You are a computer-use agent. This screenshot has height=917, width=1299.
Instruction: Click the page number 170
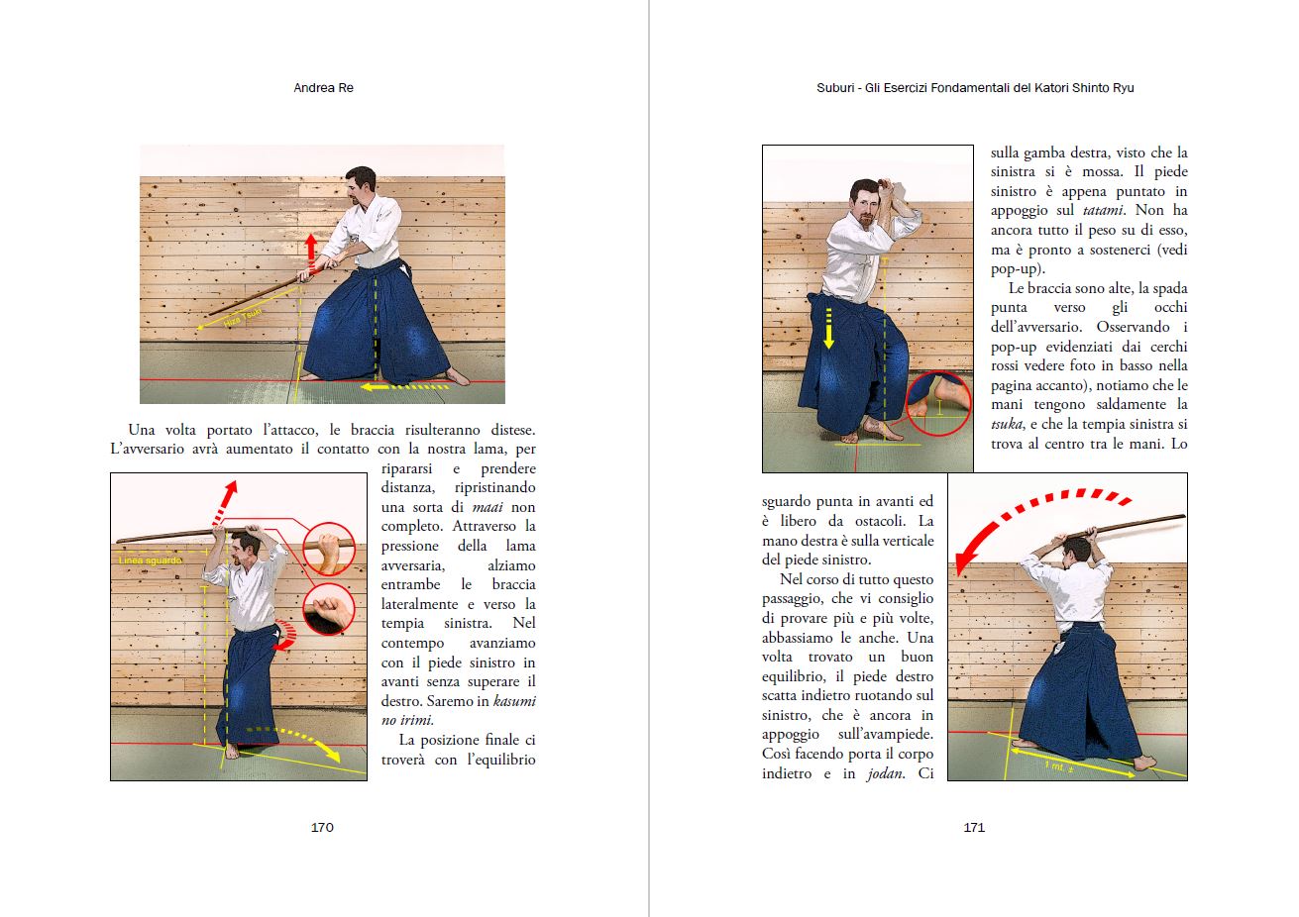[x=322, y=827]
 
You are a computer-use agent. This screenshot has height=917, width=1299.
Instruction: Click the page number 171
[x=974, y=827]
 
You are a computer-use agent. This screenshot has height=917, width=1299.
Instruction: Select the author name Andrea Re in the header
[x=323, y=88]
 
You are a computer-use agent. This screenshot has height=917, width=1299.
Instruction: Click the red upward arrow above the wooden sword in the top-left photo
[x=311, y=254]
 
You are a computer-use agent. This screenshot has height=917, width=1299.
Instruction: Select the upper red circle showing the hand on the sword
[x=328, y=549]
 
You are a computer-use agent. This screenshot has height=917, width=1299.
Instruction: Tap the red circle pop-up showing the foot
[x=938, y=404]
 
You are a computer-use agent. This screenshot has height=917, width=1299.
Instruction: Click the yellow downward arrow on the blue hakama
[x=829, y=327]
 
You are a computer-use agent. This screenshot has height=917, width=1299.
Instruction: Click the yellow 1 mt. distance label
[x=1061, y=767]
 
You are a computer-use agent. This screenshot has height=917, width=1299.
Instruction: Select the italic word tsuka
[x=1007, y=424]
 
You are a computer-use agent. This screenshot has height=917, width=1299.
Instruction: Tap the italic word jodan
[x=886, y=773]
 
